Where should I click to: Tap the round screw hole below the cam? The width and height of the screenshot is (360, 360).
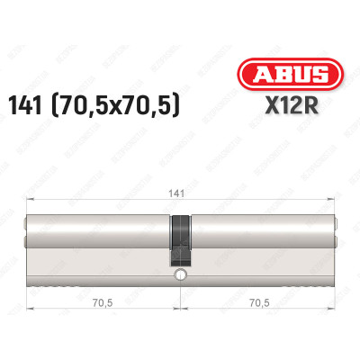point(180,274)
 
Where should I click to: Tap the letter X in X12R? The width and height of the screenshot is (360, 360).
point(273,110)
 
